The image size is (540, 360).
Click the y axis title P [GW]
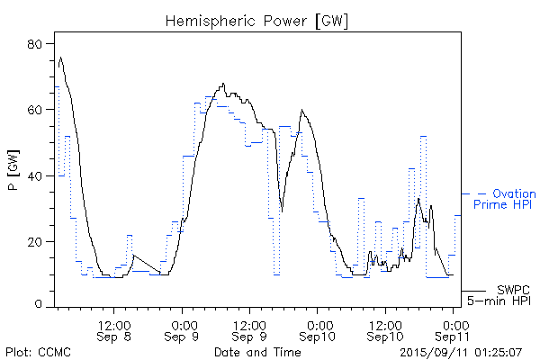click(x=13, y=175)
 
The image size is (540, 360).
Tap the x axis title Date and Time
click(x=257, y=351)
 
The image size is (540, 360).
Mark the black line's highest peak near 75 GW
click(x=60, y=58)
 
